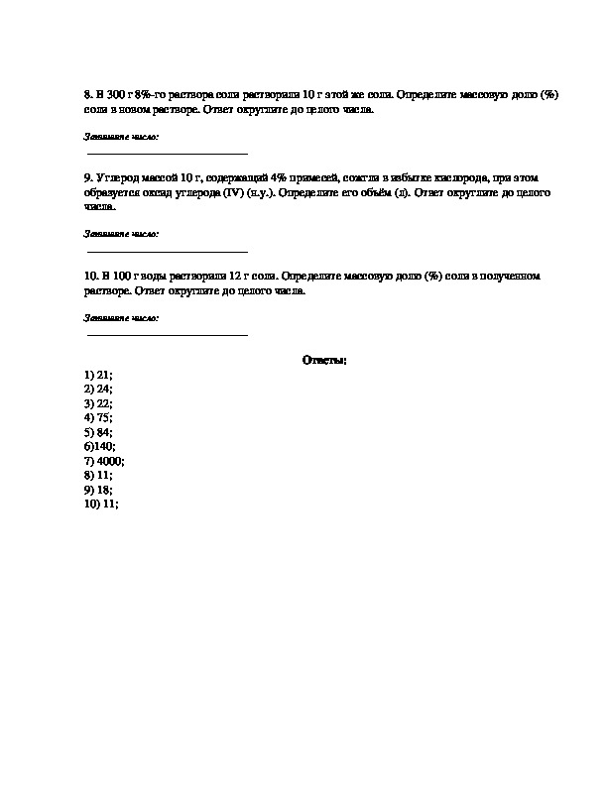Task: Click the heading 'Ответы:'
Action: (325, 360)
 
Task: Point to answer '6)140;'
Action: (100, 447)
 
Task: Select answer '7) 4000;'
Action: (104, 461)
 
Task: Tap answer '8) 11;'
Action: (98, 476)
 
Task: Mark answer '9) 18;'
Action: (98, 490)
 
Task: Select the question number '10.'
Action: (90, 276)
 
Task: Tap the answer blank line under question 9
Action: (168, 251)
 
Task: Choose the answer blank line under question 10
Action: (168, 334)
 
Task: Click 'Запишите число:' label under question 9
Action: (122, 234)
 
